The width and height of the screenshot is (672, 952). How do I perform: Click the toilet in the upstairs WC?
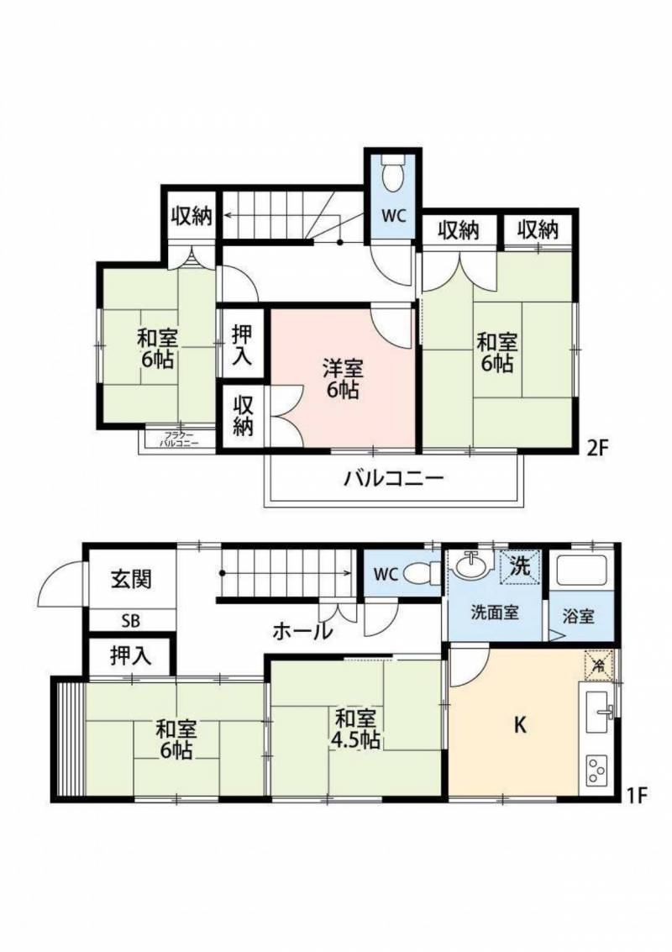(x=392, y=176)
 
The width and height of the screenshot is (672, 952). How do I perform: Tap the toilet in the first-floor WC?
(x=420, y=574)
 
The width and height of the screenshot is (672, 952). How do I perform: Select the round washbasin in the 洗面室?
(x=468, y=567)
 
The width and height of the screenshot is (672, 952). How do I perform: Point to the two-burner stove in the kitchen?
(x=597, y=769)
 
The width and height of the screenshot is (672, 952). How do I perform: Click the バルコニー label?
(x=392, y=480)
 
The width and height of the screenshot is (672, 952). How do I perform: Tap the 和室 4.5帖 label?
(x=356, y=728)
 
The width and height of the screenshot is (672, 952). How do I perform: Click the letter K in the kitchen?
(x=520, y=725)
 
